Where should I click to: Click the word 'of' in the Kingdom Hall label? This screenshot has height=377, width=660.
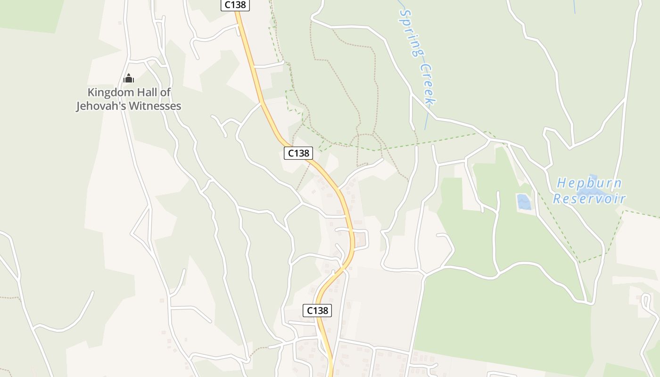pyautogui.click(x=165, y=92)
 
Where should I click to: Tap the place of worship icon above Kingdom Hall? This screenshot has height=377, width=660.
pyautogui.click(x=129, y=78)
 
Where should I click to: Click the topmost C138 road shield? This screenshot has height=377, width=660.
pyautogui.click(x=235, y=5)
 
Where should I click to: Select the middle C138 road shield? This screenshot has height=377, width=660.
pyautogui.click(x=298, y=153)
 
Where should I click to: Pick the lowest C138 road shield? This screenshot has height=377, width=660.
pyautogui.click(x=317, y=310)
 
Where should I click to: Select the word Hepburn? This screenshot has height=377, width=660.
pyautogui.click(x=589, y=183)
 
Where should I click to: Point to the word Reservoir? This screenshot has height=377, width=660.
pyautogui.click(x=589, y=198)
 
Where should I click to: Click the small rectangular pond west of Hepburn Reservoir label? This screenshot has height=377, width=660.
pyautogui.click(x=524, y=202)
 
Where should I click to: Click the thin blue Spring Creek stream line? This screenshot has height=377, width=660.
pyautogui.click(x=427, y=120)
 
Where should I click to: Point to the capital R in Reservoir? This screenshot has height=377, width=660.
pyautogui.click(x=557, y=198)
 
